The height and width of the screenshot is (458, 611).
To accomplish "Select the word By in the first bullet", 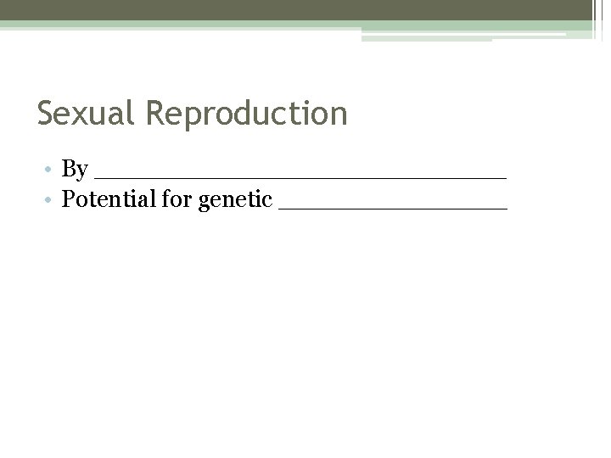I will click(76, 170).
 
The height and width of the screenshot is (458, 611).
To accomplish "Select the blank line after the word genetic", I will click(392, 207).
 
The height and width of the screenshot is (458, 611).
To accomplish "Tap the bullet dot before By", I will click(52, 170).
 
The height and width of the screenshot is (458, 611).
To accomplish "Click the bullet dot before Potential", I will click(52, 201).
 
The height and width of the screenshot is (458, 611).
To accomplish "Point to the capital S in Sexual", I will click(46, 113).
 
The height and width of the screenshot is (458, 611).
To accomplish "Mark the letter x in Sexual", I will click(84, 114).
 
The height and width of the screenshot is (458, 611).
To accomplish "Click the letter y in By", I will click(82, 173).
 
